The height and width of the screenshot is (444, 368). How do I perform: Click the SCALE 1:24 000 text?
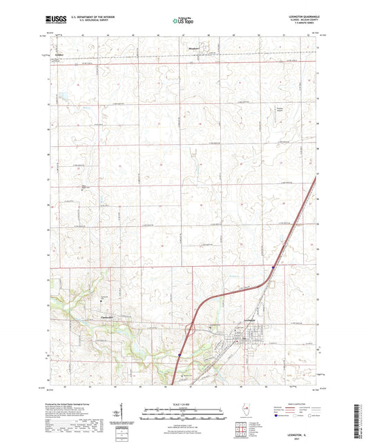(184, 404)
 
